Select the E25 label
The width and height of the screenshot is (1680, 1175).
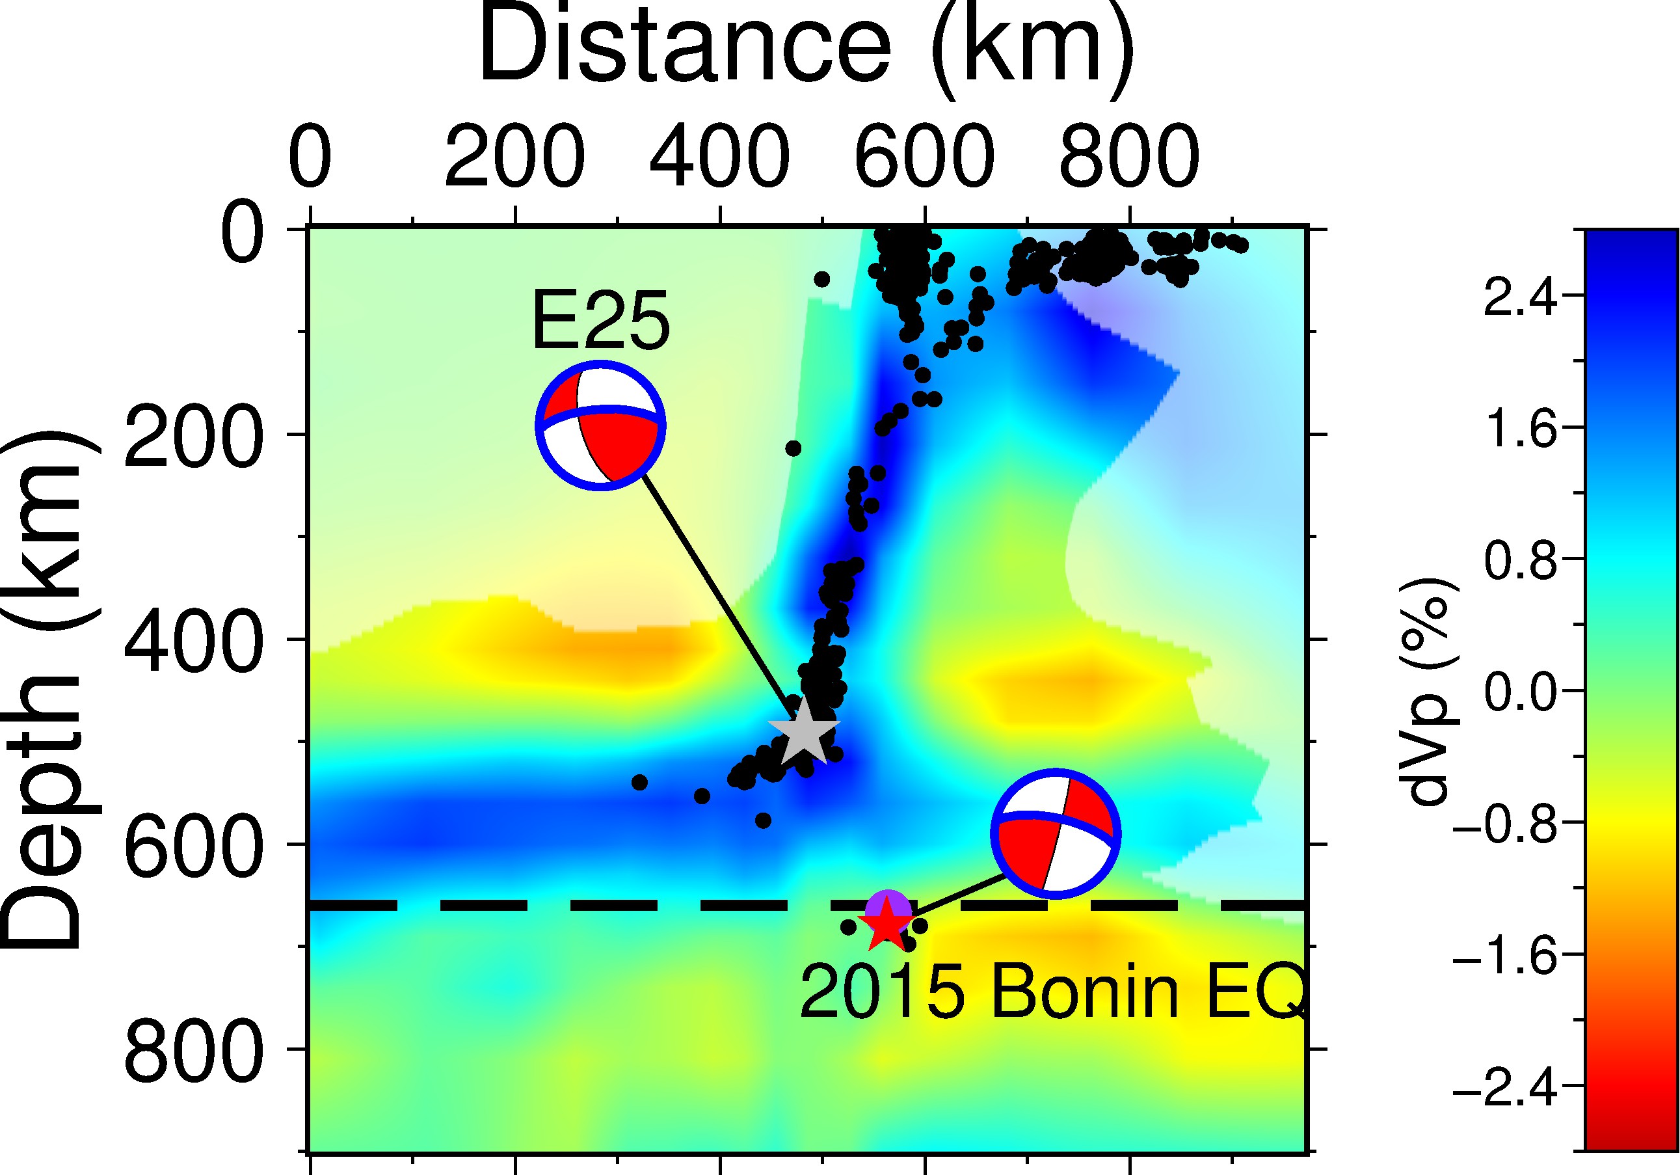(600, 321)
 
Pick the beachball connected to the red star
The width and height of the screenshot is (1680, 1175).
(1055, 833)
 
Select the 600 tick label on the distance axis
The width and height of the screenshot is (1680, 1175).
(924, 156)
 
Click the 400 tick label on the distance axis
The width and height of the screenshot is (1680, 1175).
(720, 156)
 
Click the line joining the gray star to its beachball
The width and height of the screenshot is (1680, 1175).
(717, 597)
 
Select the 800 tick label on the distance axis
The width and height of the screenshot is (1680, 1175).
(1129, 156)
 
